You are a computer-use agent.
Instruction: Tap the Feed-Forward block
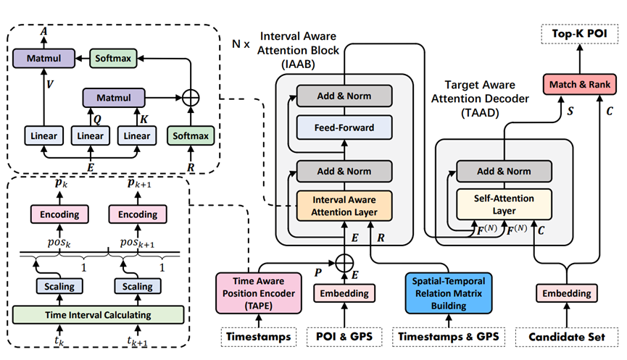[344, 128]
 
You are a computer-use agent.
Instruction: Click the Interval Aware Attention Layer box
[344, 205]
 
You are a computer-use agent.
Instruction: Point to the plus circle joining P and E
[346, 261]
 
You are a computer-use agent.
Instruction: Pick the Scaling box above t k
[59, 286]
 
